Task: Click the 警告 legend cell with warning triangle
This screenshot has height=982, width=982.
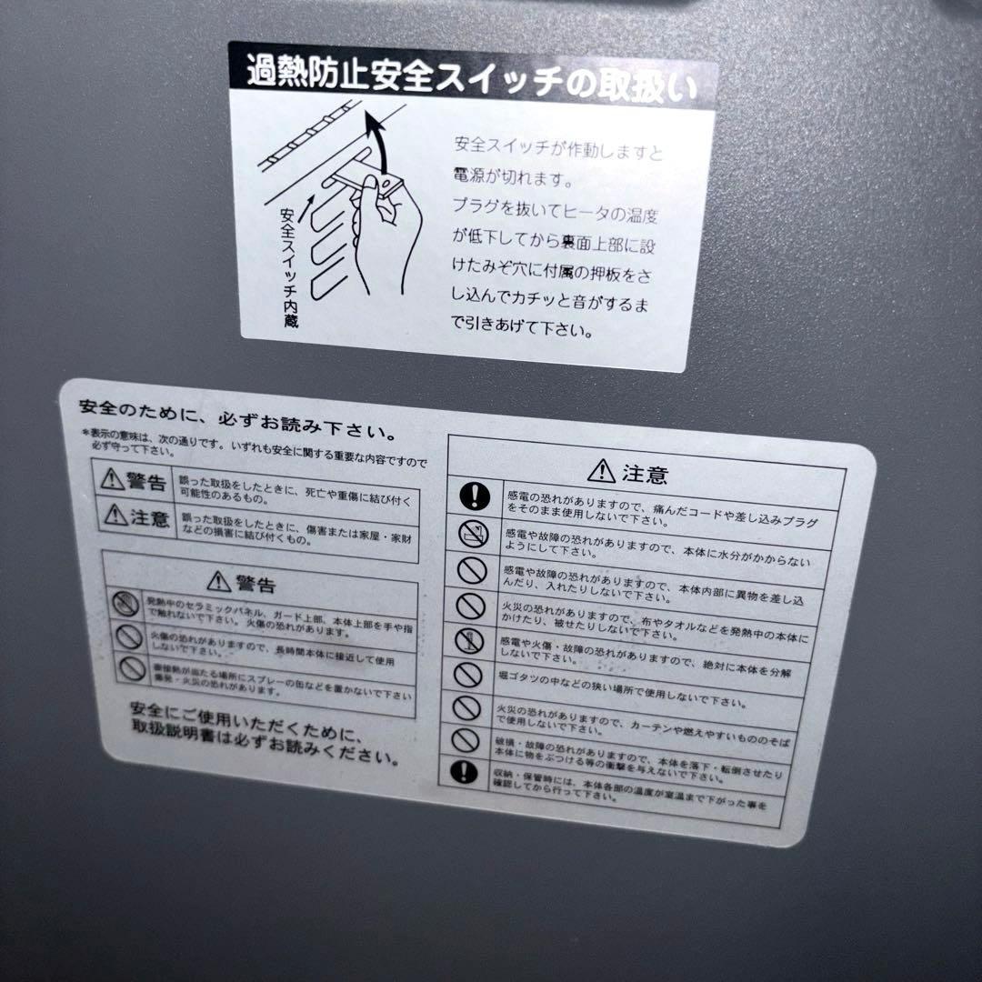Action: point(135,479)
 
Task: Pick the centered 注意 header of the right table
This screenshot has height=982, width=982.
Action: point(628,472)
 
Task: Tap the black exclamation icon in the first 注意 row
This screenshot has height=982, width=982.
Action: point(475,496)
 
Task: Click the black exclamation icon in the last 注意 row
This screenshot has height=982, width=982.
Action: point(464,772)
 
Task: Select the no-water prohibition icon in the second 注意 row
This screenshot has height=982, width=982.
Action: point(473,534)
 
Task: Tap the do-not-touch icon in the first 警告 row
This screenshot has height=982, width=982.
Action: point(126,601)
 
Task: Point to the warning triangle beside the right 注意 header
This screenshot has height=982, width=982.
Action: point(601,470)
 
